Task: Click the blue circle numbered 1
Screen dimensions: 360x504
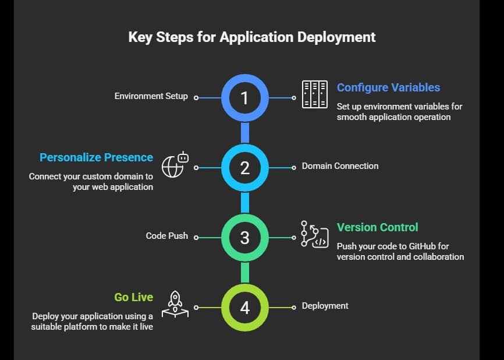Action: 245,98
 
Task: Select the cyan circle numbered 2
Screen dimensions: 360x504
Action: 245,168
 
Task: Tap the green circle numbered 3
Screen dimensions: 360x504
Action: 245,238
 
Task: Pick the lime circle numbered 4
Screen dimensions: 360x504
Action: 245,307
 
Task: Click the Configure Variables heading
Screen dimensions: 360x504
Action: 388,87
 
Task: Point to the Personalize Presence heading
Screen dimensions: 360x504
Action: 96,157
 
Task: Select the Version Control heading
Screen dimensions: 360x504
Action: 377,227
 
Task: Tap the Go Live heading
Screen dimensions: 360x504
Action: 133,297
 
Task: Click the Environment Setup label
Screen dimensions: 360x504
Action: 151,96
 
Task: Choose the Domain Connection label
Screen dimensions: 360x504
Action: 340,166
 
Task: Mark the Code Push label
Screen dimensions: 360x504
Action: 166,236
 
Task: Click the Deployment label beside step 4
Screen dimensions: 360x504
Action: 325,306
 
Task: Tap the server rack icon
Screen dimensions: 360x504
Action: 314,94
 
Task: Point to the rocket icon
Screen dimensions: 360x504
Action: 175,304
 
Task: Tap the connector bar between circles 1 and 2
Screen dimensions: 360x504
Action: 245,133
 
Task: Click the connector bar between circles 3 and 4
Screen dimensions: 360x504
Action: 245,272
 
